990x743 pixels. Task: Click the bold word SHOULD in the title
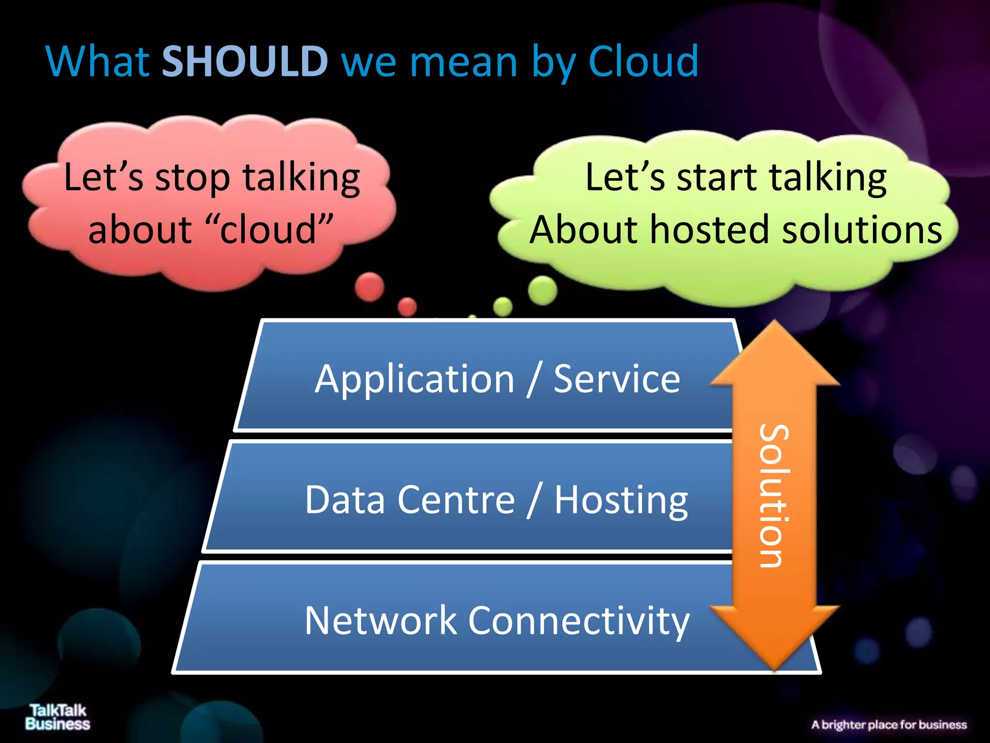coord(245,61)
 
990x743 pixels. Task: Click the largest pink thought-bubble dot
coord(370,286)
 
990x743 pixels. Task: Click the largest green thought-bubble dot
coord(542,290)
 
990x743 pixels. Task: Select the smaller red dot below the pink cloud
coord(407,307)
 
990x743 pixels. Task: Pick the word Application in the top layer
coord(414,379)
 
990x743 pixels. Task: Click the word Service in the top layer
coord(617,379)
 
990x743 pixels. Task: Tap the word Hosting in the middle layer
coord(621,500)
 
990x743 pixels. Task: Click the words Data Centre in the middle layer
coord(410,500)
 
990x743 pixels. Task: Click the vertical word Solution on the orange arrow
coord(774,495)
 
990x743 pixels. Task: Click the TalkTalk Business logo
coord(58,717)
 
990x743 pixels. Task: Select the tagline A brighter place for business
coord(889,725)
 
